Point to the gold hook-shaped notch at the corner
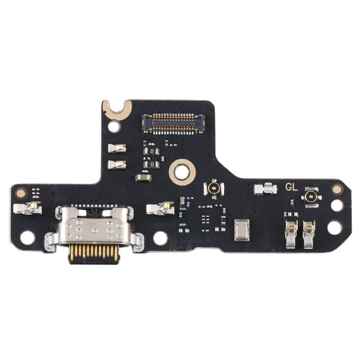(114, 107)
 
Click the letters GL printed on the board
(291, 188)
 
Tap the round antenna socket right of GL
(311, 198)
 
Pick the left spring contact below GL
(289, 232)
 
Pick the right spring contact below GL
(309, 232)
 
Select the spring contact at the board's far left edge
(29, 209)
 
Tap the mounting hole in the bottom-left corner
(27, 237)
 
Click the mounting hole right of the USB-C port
(161, 238)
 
